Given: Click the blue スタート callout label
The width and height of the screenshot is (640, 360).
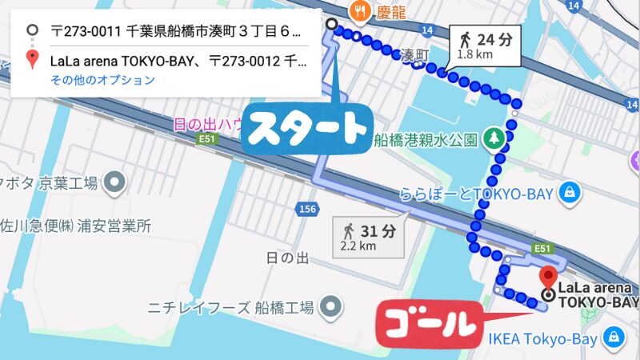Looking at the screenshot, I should click(305, 127).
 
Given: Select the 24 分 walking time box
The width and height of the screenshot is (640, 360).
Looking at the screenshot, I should click(487, 45).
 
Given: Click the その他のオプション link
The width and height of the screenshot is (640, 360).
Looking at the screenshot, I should click(102, 80).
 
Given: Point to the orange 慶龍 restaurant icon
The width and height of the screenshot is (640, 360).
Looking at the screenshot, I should click(359, 10).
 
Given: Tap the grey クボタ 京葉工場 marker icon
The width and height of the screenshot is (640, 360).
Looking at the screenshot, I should click(116, 182).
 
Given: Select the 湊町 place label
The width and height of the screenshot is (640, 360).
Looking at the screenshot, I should click(416, 55).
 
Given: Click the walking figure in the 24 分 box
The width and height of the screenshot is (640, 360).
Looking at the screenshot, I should click(465, 38).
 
